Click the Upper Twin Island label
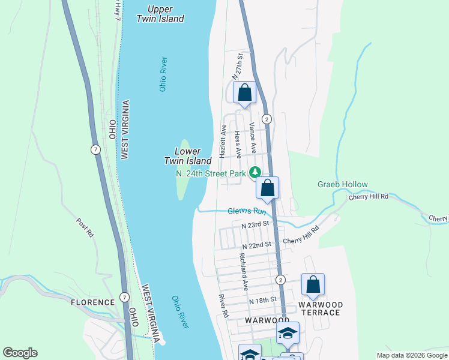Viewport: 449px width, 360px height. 160,14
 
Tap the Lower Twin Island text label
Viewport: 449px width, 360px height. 188,156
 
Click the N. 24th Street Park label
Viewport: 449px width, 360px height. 211,173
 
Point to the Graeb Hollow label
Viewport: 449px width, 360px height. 342,185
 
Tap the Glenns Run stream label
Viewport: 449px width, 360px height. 246,211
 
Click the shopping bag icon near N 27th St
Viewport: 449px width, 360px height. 244,93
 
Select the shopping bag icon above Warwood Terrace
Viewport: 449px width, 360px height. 313,285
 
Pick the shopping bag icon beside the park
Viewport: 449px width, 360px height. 268,188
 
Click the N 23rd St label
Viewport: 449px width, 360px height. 257,226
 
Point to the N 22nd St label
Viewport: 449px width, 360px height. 258,246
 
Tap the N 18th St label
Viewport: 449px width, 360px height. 262,299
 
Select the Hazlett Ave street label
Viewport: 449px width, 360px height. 223,141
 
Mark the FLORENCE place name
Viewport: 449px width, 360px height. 92,302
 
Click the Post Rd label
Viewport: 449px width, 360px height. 85,227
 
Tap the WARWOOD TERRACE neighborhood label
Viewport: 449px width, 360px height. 321,308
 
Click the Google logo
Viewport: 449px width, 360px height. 20,353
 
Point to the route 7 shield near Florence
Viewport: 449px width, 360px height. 124,297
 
